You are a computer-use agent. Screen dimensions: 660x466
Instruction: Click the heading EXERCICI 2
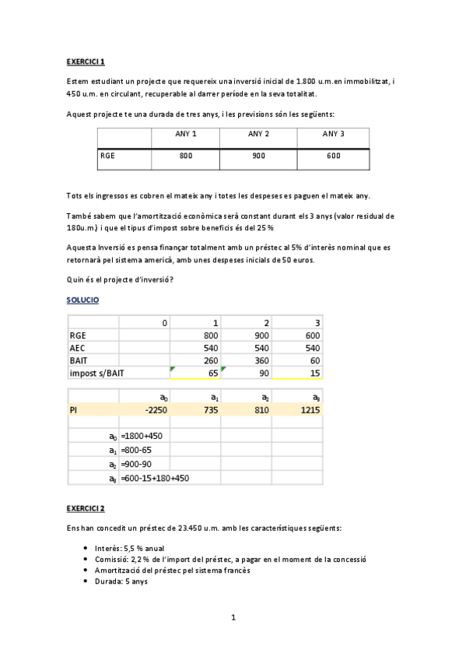(86, 509)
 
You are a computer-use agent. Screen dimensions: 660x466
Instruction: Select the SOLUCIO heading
(82, 300)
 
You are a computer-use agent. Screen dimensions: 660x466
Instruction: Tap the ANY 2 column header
(258, 134)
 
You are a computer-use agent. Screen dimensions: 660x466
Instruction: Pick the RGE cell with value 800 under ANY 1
(185, 156)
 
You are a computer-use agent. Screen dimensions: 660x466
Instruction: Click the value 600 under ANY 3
(333, 156)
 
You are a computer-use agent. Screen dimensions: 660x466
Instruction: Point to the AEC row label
(78, 348)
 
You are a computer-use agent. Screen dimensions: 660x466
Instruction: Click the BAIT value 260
(205, 360)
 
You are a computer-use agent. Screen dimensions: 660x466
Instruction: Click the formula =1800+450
(141, 437)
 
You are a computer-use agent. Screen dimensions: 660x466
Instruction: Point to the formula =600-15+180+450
(155, 478)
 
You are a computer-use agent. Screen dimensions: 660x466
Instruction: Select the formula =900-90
(136, 464)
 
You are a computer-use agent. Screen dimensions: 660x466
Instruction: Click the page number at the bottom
(233, 618)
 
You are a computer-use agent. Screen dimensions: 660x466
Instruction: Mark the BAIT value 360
(258, 360)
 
